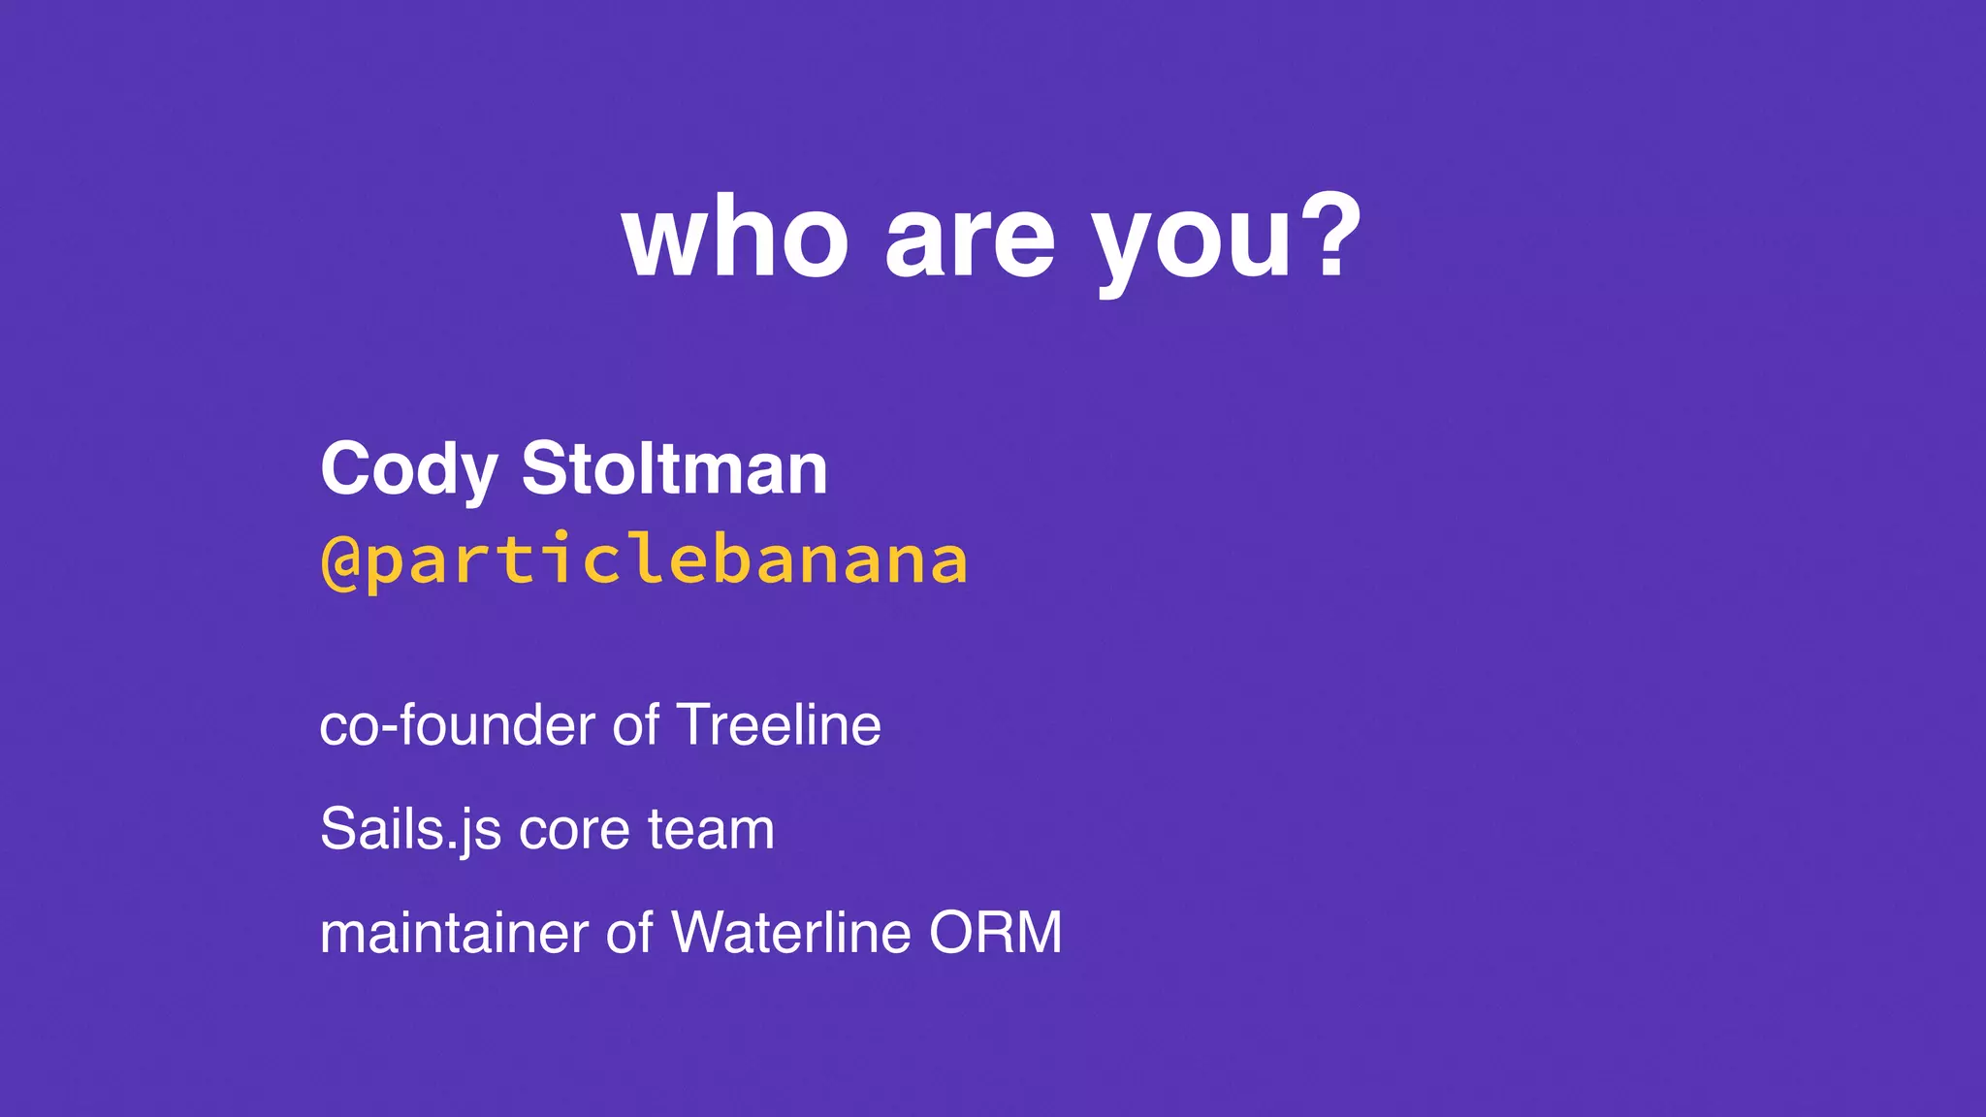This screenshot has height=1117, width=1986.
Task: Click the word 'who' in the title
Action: [x=735, y=239]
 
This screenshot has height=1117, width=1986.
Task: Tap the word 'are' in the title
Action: [x=969, y=239]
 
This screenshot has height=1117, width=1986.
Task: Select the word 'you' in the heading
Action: [x=1192, y=242]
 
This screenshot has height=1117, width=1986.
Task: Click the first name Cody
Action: [x=408, y=470]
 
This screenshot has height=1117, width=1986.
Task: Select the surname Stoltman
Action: [x=674, y=468]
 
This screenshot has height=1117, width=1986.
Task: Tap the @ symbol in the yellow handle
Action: [x=340, y=562]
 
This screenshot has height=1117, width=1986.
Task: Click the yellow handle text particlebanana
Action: [x=667, y=562]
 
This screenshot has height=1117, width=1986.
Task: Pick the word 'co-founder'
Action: [x=457, y=725]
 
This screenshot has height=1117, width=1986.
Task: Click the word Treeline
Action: [x=779, y=725]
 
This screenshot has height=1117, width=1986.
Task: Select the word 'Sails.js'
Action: [x=410, y=830]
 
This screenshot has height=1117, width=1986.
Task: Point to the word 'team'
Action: [x=711, y=830]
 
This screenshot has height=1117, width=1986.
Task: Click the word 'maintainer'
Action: [x=454, y=933]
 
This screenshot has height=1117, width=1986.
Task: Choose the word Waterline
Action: [x=790, y=933]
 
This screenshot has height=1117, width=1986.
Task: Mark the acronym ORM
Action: [x=995, y=933]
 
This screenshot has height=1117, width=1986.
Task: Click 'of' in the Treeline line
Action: [x=635, y=725]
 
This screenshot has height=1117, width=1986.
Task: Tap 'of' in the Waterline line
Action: [x=629, y=933]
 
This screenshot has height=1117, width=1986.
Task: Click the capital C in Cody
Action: [x=345, y=468]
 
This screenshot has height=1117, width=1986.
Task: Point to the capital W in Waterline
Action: [x=696, y=933]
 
